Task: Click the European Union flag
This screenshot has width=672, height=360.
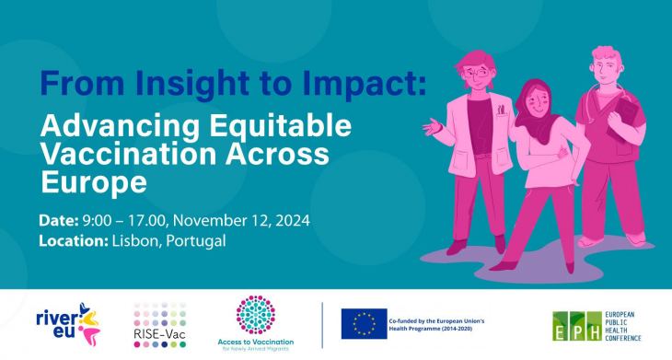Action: (x=362, y=323)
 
